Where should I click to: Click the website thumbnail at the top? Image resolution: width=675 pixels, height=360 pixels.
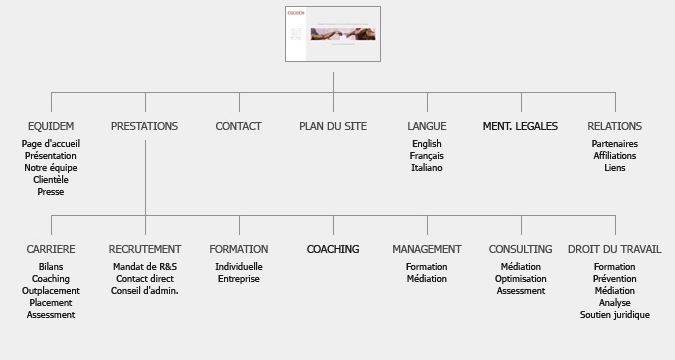tap(332, 34)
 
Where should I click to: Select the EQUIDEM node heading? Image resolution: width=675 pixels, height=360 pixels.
tap(51, 127)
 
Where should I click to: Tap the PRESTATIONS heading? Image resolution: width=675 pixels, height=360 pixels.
tap(145, 127)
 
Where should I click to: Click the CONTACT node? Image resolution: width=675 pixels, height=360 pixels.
tap(239, 127)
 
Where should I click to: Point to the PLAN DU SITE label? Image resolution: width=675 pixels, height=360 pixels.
tap(333, 127)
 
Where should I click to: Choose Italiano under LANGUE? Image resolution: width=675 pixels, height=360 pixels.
tap(427, 168)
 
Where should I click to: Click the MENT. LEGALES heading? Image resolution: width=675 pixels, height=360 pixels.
tap(520, 127)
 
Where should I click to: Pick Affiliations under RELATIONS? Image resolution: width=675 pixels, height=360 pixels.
tap(615, 156)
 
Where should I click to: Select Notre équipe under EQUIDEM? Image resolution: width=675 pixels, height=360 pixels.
tap(51, 168)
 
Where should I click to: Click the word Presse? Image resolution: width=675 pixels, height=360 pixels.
tap(51, 192)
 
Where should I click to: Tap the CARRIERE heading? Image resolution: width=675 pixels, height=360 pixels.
tap(51, 249)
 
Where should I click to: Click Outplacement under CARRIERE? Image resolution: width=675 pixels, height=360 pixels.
tap(51, 291)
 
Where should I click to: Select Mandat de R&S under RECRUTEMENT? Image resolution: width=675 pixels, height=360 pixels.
tap(145, 267)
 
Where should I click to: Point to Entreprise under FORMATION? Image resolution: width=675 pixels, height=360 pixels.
tap(239, 279)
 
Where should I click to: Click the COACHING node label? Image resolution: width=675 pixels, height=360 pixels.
tap(333, 249)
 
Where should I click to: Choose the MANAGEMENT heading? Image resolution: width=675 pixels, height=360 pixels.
tap(427, 249)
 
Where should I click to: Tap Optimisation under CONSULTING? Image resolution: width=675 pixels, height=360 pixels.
tap(521, 279)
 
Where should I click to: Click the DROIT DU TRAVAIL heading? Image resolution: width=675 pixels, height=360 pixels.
tap(615, 249)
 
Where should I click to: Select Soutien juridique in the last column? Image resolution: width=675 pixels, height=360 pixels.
tap(615, 315)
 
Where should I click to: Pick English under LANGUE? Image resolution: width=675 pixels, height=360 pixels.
tap(427, 144)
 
